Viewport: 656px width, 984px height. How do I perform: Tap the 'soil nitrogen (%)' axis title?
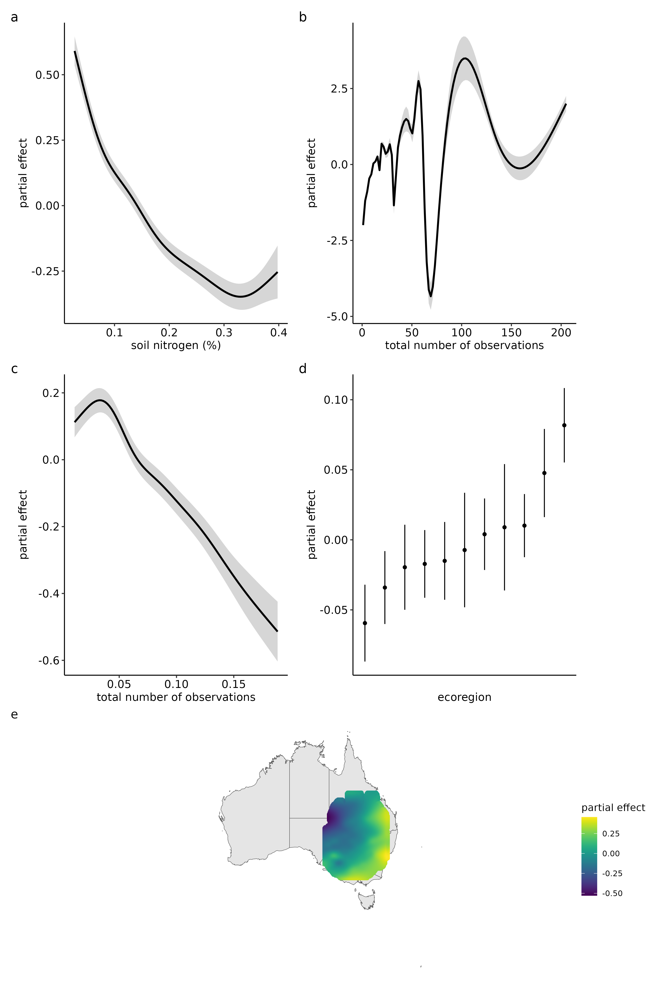tap(176, 345)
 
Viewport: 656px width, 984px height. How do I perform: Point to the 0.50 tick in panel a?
tap(47, 75)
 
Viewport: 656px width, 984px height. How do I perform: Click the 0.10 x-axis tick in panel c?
tap(176, 684)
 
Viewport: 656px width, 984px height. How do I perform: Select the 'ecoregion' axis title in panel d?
tap(464, 697)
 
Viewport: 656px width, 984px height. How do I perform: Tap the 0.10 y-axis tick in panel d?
tap(335, 400)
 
